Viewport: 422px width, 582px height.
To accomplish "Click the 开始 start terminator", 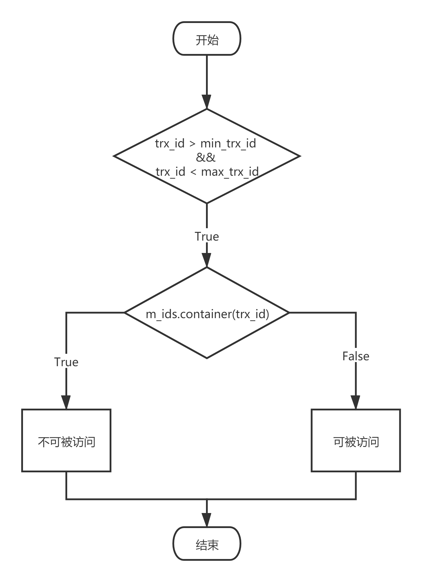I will click(207, 39).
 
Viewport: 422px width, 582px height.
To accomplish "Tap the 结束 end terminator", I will click(207, 543).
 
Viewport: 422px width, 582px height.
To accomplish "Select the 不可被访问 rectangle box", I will click(66, 440).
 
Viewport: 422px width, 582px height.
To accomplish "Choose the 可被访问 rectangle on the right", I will click(356, 440).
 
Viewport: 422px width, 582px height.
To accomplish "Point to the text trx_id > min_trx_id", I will click(206, 144).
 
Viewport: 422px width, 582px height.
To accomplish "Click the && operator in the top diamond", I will click(206, 157).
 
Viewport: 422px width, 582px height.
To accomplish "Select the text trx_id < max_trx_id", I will click(207, 171).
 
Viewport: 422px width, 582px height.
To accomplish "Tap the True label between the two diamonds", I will click(207, 236).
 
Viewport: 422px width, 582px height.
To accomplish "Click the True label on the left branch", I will click(66, 362).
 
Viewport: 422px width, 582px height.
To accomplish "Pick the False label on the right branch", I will click(356, 356).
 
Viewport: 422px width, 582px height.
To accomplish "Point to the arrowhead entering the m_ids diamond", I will click(207, 261).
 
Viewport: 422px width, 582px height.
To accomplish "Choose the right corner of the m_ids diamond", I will click(288, 313).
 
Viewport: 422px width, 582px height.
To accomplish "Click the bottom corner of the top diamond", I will click(207, 202).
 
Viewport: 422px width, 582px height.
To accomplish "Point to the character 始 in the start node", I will click(213, 40).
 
